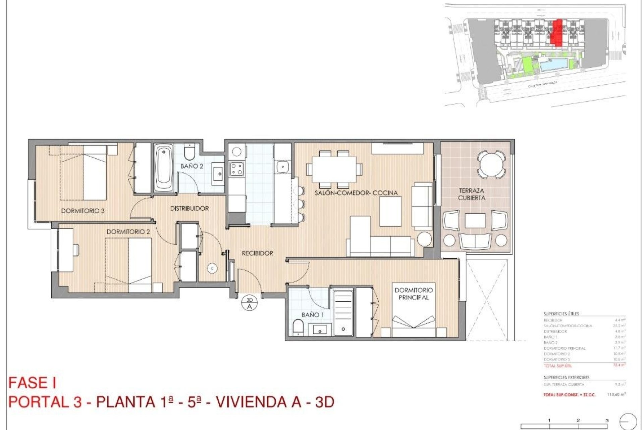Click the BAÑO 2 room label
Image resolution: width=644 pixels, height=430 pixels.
pyautogui.click(x=192, y=166)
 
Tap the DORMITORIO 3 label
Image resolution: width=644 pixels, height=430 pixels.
pyautogui.click(x=83, y=211)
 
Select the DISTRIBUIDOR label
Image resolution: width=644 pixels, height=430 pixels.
pyautogui.click(x=190, y=209)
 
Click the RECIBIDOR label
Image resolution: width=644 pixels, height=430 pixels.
pyautogui.click(x=258, y=253)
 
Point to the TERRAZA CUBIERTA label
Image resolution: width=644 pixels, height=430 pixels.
pyautogui.click(x=472, y=194)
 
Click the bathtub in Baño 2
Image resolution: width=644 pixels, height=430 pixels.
pyautogui.click(x=164, y=168)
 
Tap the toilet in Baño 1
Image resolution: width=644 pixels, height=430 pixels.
pyautogui.click(x=298, y=328)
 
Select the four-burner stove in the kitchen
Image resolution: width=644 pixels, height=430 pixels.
pyautogui.click(x=236, y=168)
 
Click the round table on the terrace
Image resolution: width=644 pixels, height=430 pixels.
pyautogui.click(x=491, y=164)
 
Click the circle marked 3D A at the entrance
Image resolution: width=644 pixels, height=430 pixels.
pyautogui.click(x=249, y=303)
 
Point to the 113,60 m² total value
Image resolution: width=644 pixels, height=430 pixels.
pyautogui.click(x=616, y=395)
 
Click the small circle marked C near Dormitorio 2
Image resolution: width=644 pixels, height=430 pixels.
pyautogui.click(x=212, y=268)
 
